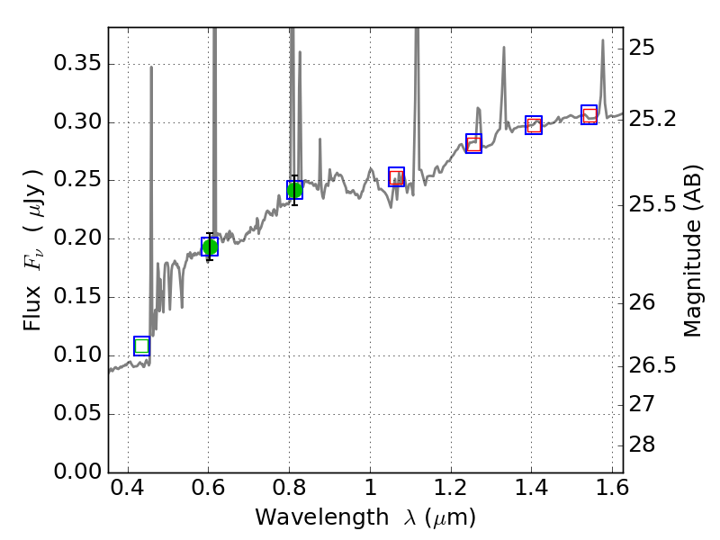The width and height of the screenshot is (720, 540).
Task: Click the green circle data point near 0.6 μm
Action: coord(210,247)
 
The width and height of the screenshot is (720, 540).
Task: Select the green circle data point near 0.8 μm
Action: coord(294,189)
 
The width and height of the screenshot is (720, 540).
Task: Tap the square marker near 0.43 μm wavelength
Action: coord(141,346)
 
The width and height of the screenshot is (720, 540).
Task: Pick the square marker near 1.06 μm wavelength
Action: coord(396,177)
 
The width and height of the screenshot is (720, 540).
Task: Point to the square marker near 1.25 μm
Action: coord(473,143)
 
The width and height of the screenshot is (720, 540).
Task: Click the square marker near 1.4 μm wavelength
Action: coord(534,125)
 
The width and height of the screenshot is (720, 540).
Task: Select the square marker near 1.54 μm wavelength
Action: coord(589,114)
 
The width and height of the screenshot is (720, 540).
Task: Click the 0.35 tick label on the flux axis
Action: coord(75,64)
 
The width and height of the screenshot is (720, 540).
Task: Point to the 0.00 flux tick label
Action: coord(75,472)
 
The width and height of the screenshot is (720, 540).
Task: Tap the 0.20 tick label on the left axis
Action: coord(75,238)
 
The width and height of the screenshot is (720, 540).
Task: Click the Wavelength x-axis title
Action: coord(364,517)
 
